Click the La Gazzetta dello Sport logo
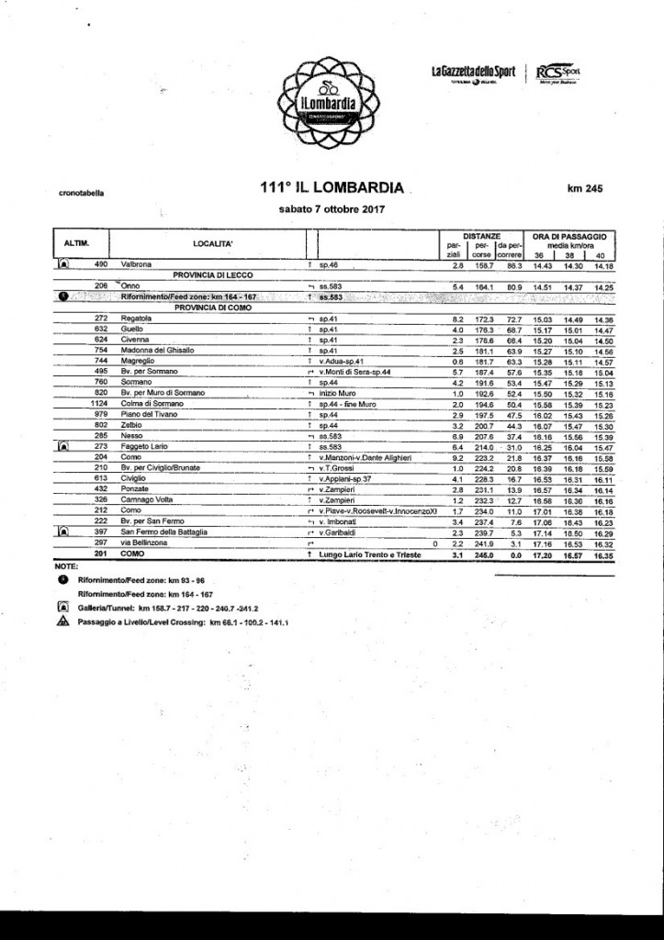[473, 73]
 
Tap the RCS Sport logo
[558, 73]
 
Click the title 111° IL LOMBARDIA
[332, 187]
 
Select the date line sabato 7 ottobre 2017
[332, 209]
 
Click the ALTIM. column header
[75, 242]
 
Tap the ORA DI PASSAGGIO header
[570, 235]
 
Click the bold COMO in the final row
[134, 554]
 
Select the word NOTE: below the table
[66, 567]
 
